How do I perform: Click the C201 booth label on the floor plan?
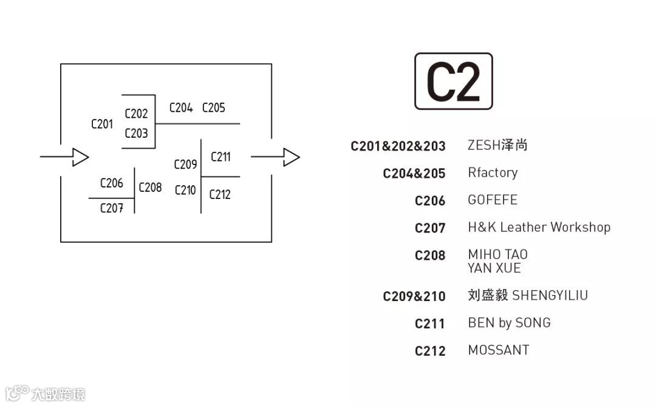(x=102, y=124)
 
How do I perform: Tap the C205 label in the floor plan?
(x=213, y=108)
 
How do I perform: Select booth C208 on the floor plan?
(x=150, y=188)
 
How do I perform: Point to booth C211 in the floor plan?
(x=220, y=157)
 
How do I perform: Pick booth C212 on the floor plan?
(x=220, y=195)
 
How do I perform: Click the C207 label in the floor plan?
(x=112, y=209)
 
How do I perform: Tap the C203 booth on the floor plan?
(x=136, y=134)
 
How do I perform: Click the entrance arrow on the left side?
(x=65, y=157)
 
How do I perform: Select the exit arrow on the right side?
(x=275, y=157)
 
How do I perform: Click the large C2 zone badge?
(x=453, y=81)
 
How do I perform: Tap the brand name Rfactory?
(x=493, y=173)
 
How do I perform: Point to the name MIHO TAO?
(x=497, y=254)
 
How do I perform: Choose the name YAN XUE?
(x=494, y=268)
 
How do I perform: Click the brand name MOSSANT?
(x=499, y=350)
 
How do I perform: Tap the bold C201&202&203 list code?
(x=398, y=146)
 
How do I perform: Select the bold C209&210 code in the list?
(x=414, y=296)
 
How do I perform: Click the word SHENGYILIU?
(x=550, y=296)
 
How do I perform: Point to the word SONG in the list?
(x=533, y=323)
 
